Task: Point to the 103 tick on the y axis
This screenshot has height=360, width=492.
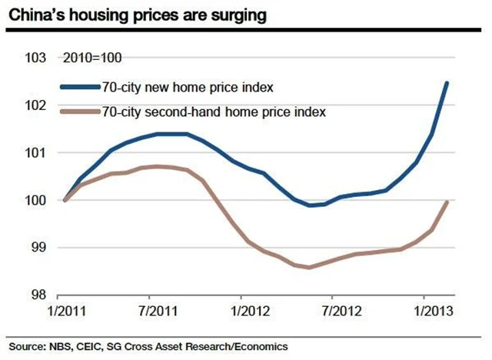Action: coord(35,58)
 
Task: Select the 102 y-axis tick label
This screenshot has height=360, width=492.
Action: coord(35,105)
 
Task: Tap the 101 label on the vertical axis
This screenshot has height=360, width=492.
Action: coord(35,153)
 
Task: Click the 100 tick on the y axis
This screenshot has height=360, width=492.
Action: coord(35,200)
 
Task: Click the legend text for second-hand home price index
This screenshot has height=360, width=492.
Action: coord(214,112)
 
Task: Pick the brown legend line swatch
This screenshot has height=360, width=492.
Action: coord(80,112)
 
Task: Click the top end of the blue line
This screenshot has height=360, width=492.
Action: coord(447,83)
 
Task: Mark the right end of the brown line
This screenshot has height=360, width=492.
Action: coord(447,202)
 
